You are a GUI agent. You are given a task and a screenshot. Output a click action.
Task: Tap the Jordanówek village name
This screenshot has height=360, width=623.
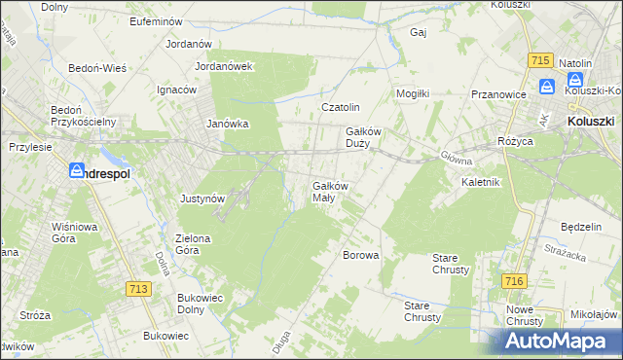(x=224, y=67)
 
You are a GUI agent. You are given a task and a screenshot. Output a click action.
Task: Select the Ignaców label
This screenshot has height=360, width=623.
(x=176, y=90)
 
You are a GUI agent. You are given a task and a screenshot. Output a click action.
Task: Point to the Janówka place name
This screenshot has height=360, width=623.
(x=228, y=125)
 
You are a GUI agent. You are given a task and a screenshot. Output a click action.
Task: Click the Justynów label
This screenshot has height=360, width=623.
(x=203, y=198)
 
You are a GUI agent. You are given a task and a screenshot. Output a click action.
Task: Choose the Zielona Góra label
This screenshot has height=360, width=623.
(x=200, y=244)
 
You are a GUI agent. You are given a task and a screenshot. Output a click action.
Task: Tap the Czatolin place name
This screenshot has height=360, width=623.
(x=342, y=107)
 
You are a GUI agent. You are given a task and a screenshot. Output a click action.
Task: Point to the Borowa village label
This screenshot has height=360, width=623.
(x=360, y=255)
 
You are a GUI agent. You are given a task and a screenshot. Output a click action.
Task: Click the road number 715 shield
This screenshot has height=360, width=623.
(x=542, y=60)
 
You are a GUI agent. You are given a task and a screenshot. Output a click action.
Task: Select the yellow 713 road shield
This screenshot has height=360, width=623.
(x=139, y=289)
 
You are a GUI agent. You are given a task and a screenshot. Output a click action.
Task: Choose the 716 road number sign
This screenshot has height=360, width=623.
(x=515, y=281)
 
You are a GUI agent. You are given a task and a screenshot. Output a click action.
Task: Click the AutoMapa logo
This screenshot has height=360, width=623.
(x=558, y=341)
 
